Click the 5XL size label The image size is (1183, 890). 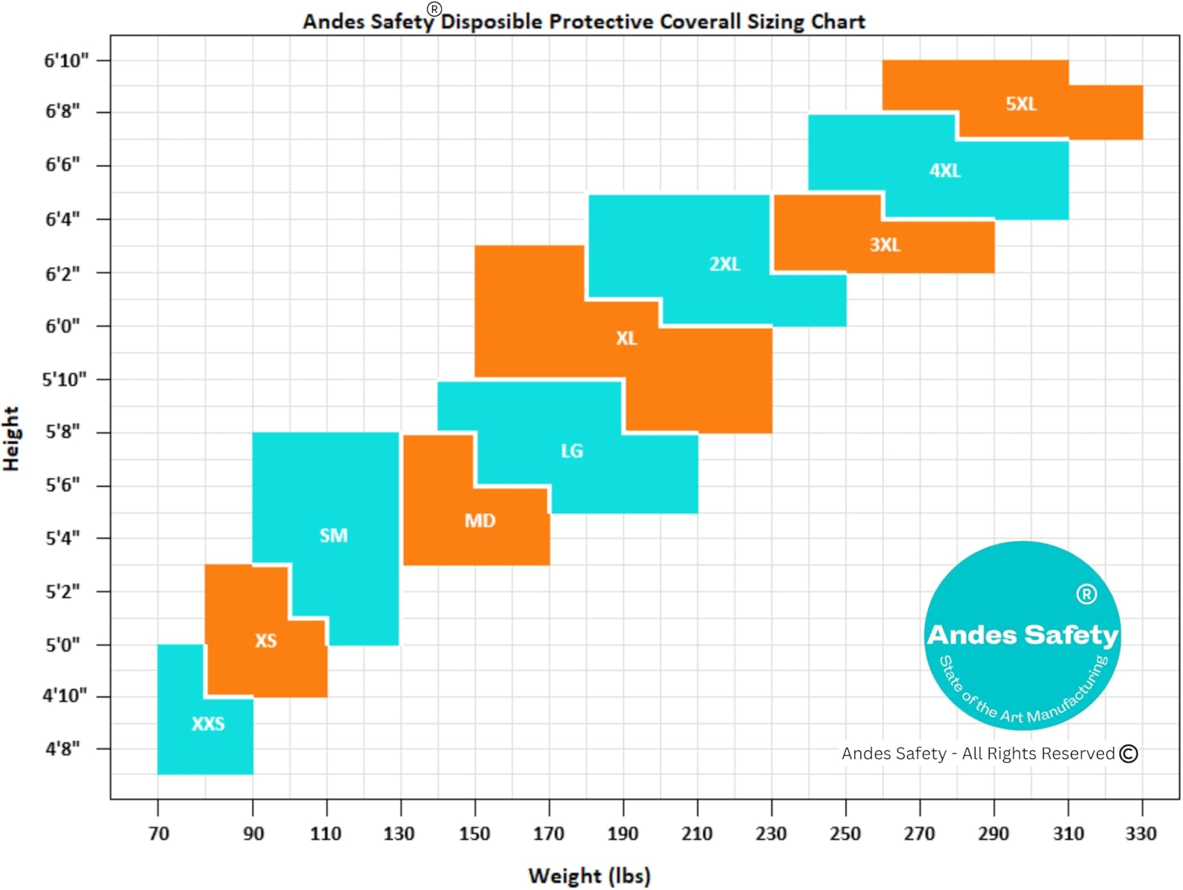click(x=1021, y=104)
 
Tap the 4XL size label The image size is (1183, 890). click(x=945, y=171)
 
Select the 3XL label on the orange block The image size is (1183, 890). click(x=885, y=245)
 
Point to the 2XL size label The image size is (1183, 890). click(x=725, y=264)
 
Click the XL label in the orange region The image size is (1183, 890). click(x=626, y=338)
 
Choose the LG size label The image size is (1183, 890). click(x=572, y=452)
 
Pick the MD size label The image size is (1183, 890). click(x=480, y=521)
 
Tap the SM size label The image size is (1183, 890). click(x=334, y=536)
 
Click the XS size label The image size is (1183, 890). click(x=266, y=640)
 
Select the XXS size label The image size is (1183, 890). click(x=208, y=724)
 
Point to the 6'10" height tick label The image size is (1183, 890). click(x=66, y=60)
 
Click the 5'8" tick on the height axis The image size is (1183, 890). click(x=63, y=432)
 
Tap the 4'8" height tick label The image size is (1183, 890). click(x=63, y=749)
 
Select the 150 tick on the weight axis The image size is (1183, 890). click(x=474, y=834)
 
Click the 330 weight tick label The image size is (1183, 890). click(x=1140, y=834)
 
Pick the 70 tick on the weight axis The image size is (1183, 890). click(x=159, y=834)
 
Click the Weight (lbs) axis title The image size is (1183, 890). click(x=589, y=876)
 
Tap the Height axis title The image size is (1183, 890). click(x=11, y=438)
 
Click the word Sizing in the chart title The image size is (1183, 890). click(x=776, y=22)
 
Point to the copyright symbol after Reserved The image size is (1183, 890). click(x=1129, y=753)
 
